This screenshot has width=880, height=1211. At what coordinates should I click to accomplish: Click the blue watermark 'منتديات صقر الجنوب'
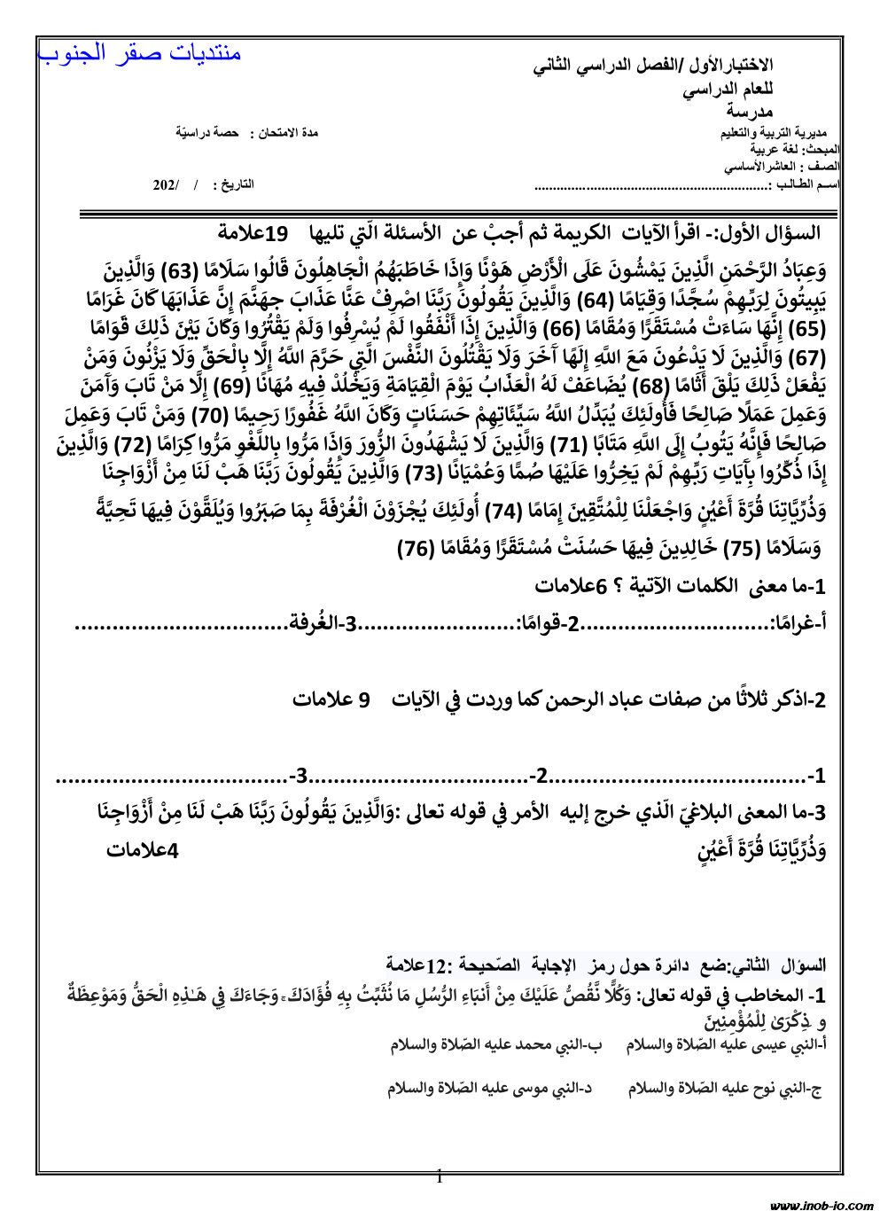tap(140, 53)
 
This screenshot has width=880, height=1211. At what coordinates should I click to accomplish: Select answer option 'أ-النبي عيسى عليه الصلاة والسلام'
tap(726, 1044)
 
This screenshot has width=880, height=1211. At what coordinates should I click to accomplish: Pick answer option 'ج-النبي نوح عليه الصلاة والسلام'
tap(725, 1089)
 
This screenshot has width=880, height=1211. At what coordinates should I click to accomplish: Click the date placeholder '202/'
tap(166, 184)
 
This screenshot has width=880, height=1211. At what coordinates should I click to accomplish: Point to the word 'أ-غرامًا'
tap(798, 624)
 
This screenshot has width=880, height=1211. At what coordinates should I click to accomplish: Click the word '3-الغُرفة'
tap(323, 624)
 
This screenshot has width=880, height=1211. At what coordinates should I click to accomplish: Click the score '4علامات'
tap(143, 850)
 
